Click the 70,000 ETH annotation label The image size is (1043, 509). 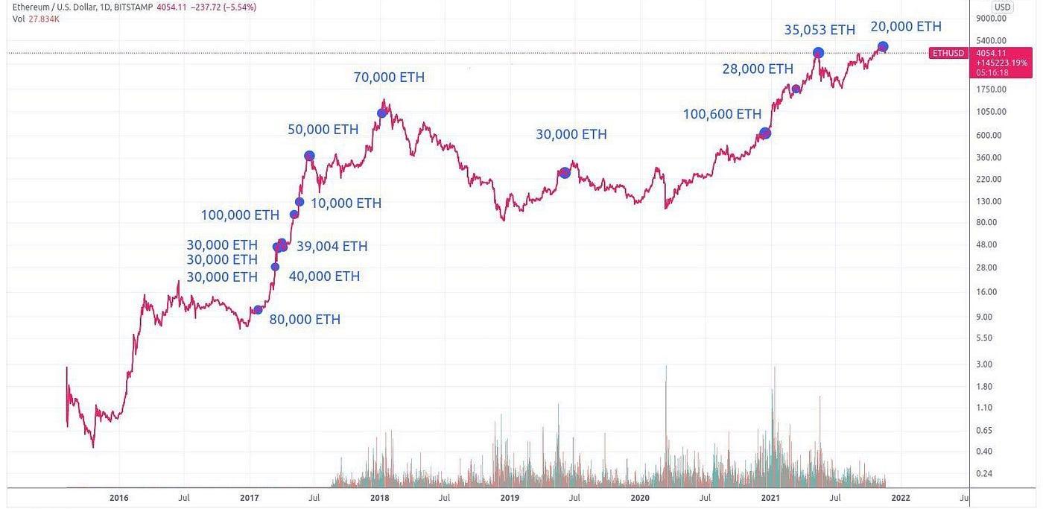(389, 77)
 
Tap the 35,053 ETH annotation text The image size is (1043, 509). (819, 30)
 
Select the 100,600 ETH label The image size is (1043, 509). (722, 114)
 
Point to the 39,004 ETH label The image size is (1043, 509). (332, 246)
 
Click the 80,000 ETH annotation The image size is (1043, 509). (305, 319)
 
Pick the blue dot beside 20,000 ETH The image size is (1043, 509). (883, 47)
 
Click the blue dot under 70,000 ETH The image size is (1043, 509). (381, 113)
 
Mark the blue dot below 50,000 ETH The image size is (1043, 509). (309, 156)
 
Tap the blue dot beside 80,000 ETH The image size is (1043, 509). (258, 310)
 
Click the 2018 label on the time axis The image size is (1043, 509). (379, 497)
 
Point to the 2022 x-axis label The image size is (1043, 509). (900, 497)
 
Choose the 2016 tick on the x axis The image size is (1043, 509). (118, 497)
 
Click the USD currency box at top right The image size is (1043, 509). (1002, 7)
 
